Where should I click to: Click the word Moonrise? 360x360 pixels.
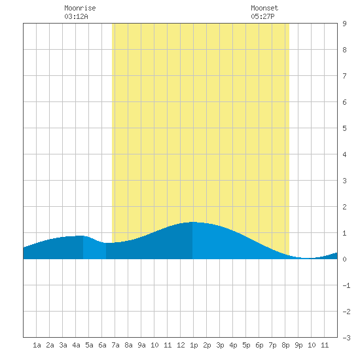(80, 8)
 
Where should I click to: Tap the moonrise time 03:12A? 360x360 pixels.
(76, 16)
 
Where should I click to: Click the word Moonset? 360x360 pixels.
(264, 8)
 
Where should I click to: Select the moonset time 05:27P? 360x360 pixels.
(262, 16)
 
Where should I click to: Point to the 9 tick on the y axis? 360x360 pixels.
(344, 24)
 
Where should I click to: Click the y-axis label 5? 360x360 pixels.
(344, 128)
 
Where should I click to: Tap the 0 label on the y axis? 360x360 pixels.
(344, 259)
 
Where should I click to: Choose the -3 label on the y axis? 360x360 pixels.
(346, 338)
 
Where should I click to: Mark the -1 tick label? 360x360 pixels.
(346, 285)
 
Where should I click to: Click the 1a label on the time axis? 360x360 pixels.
(37, 345)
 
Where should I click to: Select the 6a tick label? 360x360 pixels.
(102, 345)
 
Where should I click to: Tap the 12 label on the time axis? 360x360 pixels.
(181, 345)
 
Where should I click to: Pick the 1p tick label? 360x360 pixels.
(194, 345)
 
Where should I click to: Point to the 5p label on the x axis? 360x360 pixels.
(246, 345)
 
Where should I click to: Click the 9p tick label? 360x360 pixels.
(298, 345)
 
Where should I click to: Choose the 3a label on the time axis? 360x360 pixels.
(63, 345)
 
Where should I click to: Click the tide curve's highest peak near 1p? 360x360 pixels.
(192, 222)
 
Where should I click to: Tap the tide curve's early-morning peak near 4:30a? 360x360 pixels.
(81, 236)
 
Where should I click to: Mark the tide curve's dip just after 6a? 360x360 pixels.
(106, 243)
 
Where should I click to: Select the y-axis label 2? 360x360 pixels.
(344, 207)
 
